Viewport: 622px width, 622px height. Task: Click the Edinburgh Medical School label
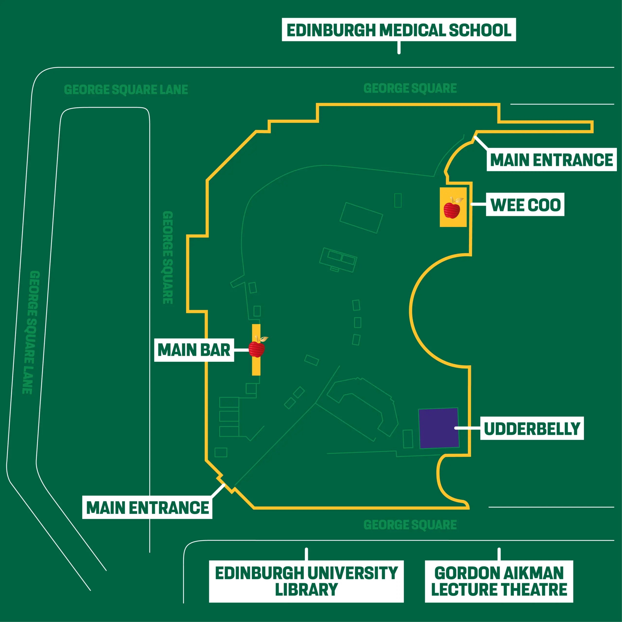(399, 30)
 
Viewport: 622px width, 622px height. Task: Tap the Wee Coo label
(525, 204)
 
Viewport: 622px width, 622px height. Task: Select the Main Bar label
(194, 350)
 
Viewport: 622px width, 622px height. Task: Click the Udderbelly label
(532, 428)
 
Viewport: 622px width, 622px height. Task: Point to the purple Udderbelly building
(439, 428)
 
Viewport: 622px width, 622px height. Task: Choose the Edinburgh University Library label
(306, 581)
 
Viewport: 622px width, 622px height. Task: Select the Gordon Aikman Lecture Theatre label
(499, 581)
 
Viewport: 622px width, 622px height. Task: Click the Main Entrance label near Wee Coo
(552, 160)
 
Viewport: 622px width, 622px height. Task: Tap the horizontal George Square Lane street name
(126, 89)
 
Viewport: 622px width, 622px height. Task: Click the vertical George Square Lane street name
(31, 332)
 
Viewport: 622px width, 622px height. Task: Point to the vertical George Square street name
(168, 258)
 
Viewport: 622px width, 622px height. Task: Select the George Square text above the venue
(410, 88)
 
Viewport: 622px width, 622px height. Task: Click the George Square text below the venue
(410, 525)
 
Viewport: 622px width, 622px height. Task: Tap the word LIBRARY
(306, 590)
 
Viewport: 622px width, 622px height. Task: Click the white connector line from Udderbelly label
(467, 428)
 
